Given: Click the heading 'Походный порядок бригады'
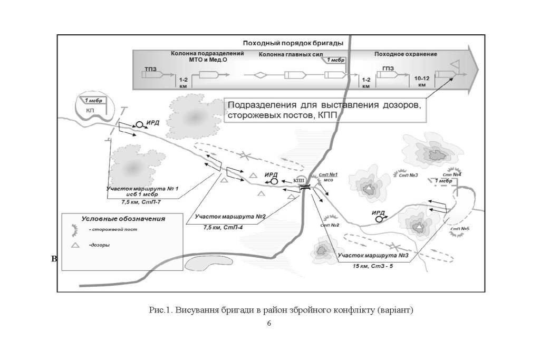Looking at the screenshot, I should click(x=293, y=43).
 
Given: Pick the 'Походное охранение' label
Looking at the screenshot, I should click(x=406, y=54).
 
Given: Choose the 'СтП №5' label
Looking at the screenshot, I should click(x=460, y=229).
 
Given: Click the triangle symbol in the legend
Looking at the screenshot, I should click(x=74, y=246).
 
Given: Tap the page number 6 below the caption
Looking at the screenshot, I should click(x=269, y=323).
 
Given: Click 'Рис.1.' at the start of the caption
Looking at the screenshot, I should click(x=159, y=309).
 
